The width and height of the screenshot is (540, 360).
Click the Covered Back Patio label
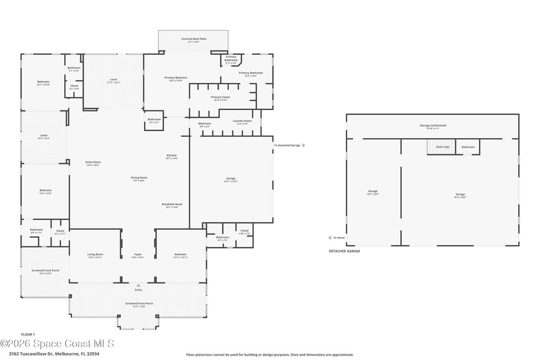pyautogui.click(x=194, y=39)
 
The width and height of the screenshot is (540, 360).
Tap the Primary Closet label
pyautogui.click(x=221, y=97)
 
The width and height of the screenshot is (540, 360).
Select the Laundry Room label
pyautogui.click(x=242, y=121)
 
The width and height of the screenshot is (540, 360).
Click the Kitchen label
pyautogui.click(x=172, y=155)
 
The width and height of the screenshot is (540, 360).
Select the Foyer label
pyautogui.click(x=138, y=255)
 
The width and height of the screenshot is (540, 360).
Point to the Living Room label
pyautogui.click(x=95, y=255)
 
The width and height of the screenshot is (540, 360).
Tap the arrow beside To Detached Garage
pyautogui.click(x=304, y=145)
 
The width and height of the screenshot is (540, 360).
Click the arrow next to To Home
pyautogui.click(x=330, y=238)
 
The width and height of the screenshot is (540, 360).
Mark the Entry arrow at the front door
pyautogui.click(x=138, y=283)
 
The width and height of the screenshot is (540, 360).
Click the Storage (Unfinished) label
pyautogui.click(x=433, y=125)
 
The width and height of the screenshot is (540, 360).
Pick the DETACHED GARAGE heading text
pyautogui.click(x=345, y=251)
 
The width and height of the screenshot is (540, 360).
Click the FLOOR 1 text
pyautogui.click(x=28, y=334)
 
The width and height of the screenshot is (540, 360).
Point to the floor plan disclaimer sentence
pyautogui.click(x=270, y=354)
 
